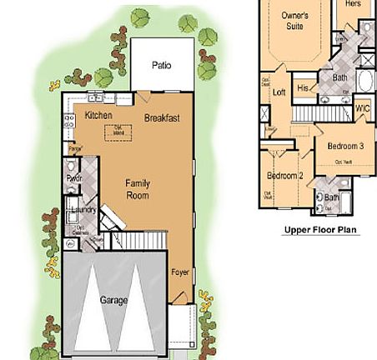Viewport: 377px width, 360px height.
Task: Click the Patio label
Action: pyautogui.click(x=161, y=65)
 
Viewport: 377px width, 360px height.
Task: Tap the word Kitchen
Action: pyautogui.click(x=87, y=116)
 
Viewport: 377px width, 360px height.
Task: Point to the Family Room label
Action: pyautogui.click(x=137, y=188)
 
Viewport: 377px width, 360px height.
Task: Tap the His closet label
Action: pyautogui.click(x=304, y=87)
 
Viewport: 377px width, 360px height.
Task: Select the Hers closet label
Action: pyautogui.click(x=352, y=4)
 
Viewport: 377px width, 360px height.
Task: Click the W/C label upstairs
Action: pyautogui.click(x=362, y=107)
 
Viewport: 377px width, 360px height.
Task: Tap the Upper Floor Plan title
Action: pyautogui.click(x=320, y=229)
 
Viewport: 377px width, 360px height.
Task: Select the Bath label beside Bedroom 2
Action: pyautogui.click(x=331, y=197)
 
